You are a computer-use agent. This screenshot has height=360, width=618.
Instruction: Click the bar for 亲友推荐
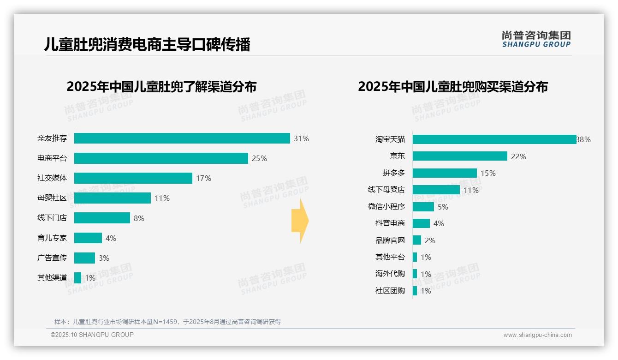[x=182, y=138]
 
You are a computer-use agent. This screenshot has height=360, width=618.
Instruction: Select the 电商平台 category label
[x=52, y=158]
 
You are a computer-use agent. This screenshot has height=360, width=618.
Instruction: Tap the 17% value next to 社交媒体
[x=203, y=178]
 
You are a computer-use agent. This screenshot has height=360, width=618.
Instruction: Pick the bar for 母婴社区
[x=113, y=198]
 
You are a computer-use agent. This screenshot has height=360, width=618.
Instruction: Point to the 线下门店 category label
[x=52, y=218]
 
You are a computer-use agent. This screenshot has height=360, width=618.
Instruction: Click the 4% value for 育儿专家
[x=111, y=238]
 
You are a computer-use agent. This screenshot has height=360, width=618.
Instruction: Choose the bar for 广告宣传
[x=84, y=258]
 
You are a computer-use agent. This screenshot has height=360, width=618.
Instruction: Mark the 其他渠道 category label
[x=52, y=278]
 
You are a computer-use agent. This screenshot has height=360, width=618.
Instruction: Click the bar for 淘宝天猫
[x=494, y=139]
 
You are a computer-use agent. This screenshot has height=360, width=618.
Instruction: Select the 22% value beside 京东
[x=518, y=156]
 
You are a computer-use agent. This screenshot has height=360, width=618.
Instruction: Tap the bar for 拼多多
[x=445, y=173]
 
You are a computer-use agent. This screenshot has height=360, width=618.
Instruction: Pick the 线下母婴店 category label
[x=386, y=190]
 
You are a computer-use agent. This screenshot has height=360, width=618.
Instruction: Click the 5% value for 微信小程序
[x=443, y=207]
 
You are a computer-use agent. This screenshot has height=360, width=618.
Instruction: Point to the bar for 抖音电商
[x=421, y=223]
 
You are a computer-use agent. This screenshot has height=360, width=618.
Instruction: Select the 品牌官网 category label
[x=390, y=240]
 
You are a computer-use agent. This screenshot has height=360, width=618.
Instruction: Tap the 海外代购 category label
[x=390, y=274]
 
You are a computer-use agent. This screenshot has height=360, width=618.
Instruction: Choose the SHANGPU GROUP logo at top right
[x=536, y=39]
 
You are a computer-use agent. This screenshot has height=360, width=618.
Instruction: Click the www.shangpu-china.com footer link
[x=537, y=335]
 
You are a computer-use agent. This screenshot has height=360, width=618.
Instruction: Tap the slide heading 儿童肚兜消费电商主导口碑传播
[x=147, y=45]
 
